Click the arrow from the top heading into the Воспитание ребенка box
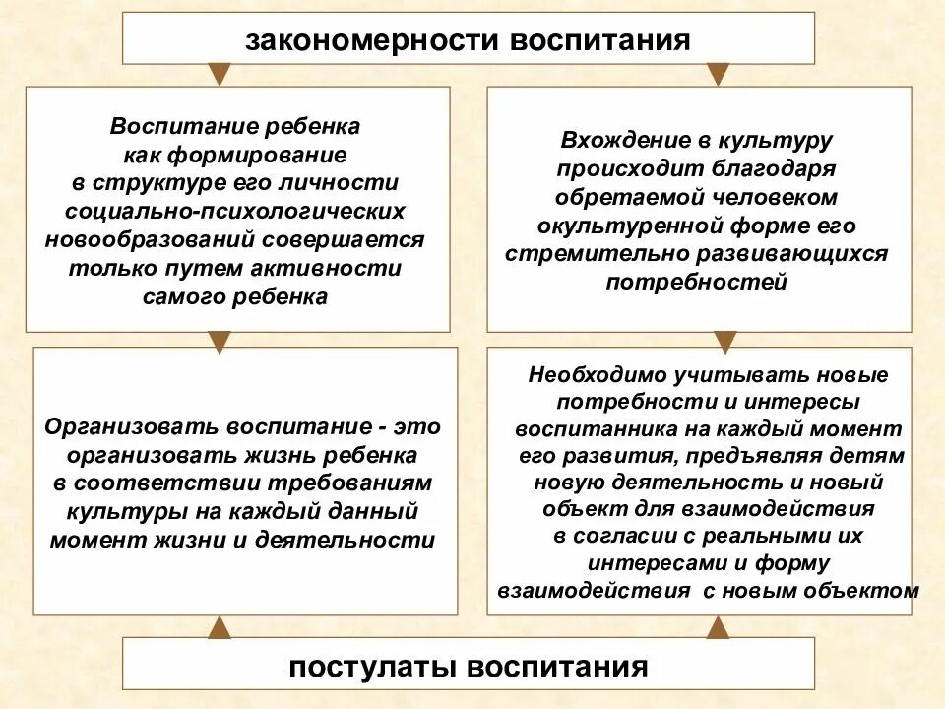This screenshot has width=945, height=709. click(219, 74)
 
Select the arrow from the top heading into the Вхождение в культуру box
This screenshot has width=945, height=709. click(720, 74)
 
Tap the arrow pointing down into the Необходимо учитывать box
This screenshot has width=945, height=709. click(724, 341)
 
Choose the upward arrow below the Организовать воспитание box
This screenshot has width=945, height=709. click(220, 626)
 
